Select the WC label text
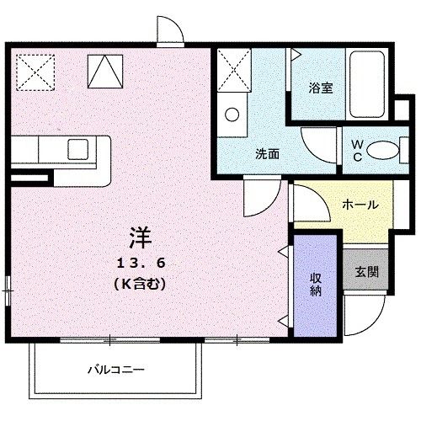tap(357, 150)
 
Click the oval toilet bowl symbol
tap(381, 151)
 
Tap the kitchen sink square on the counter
tap(78, 149)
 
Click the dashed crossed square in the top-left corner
tap(35, 71)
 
